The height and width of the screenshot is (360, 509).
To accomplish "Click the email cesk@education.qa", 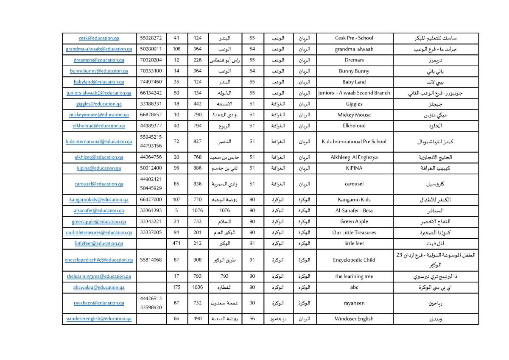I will pyautogui.click(x=99, y=38).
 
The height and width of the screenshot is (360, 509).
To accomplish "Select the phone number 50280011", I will pyautogui.click(x=151, y=49).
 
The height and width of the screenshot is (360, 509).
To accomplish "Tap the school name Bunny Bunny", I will pyautogui.click(x=354, y=71).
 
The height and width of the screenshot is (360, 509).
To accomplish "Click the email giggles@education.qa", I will pyautogui.click(x=99, y=104).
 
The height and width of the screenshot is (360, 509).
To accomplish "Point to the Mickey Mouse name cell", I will pyautogui.click(x=354, y=115).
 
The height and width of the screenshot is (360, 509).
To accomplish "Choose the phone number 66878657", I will pyautogui.click(x=151, y=115).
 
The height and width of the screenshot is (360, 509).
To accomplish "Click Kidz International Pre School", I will pyautogui.click(x=354, y=142).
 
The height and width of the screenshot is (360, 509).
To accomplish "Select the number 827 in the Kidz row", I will pyautogui.click(x=197, y=142).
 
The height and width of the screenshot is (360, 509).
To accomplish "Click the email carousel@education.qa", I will pyautogui.click(x=99, y=184).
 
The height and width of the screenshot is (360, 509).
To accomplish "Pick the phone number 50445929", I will pyautogui.click(x=151, y=188).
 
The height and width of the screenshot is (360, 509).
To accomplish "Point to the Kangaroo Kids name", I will pyautogui.click(x=354, y=200).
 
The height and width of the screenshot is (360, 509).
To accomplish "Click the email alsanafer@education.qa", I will pyautogui.click(x=99, y=211).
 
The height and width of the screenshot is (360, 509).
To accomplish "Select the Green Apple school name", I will pyautogui.click(x=354, y=222).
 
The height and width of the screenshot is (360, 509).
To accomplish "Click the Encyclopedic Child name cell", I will pyautogui.click(x=354, y=260).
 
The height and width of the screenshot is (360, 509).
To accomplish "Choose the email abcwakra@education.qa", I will pyautogui.click(x=99, y=287).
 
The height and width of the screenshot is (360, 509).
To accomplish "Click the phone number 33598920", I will pyautogui.click(x=151, y=307).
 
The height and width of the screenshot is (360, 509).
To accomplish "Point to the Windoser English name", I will pyautogui.click(x=354, y=319).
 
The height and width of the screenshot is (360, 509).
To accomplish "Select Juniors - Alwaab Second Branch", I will pyautogui.click(x=354, y=93).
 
